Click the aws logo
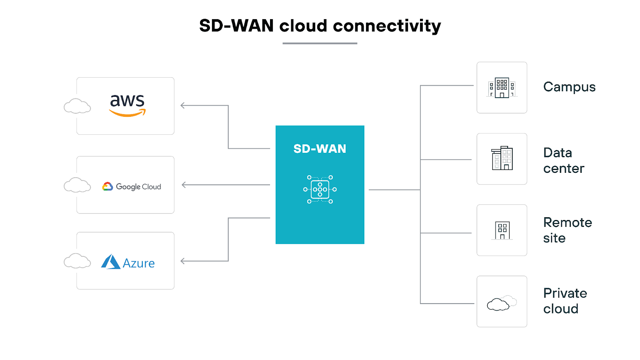[x=127, y=105]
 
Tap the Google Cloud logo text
[x=138, y=187]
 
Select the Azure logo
[x=128, y=262]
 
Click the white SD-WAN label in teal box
[x=320, y=149]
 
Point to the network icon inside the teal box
[x=320, y=190]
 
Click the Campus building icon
[x=502, y=88]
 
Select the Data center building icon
[x=502, y=158]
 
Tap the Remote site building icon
[x=502, y=230]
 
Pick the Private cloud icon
[x=501, y=303]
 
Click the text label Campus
[x=569, y=87]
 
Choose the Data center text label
[x=563, y=160]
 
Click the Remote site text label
[x=567, y=230]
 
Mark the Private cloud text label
[x=564, y=301]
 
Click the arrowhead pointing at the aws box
[x=182, y=106]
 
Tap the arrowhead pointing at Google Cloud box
[x=184, y=185]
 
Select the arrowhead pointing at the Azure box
[x=182, y=261]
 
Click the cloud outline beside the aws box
[x=77, y=106]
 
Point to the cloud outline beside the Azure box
[x=77, y=261]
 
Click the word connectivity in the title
[x=386, y=26]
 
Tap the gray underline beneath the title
[x=320, y=43]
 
